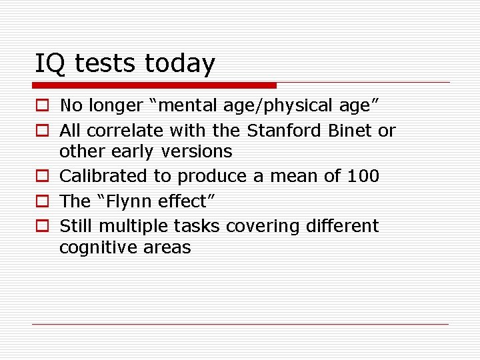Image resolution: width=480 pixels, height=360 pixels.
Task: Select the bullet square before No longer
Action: click(41, 105)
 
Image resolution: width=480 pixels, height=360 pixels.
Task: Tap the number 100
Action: click(363, 176)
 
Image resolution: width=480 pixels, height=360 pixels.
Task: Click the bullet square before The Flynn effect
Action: click(41, 201)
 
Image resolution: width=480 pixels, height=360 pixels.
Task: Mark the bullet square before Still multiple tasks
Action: click(41, 226)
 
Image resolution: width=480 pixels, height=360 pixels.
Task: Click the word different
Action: click(342, 226)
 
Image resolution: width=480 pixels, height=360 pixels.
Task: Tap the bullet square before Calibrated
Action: click(41, 177)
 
